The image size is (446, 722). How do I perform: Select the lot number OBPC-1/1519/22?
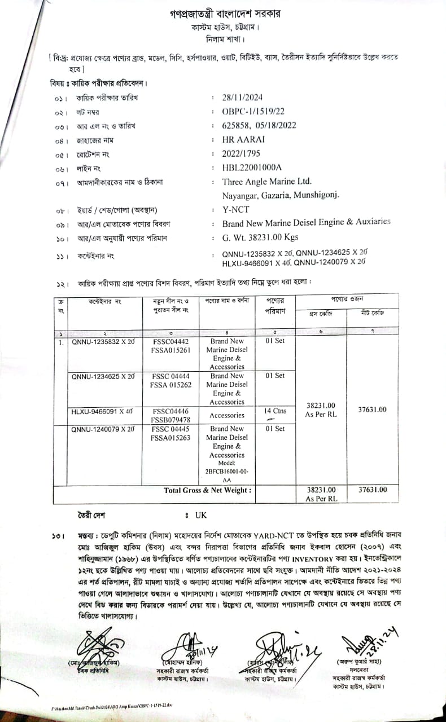click(253, 111)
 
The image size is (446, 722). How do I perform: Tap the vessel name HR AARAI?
click(243, 139)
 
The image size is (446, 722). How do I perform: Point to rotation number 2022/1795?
click(242, 153)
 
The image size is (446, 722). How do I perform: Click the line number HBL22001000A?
click(251, 168)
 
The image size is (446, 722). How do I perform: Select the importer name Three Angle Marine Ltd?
click(267, 182)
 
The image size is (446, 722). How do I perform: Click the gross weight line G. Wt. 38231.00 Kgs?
click(260, 237)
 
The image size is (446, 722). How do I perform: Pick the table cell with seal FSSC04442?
click(170, 341)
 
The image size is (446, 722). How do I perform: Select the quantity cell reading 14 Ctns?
click(276, 411)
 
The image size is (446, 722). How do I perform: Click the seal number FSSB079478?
click(170, 420)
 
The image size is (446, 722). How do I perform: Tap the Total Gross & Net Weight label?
click(207, 490)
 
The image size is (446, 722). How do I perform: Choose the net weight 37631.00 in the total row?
click(373, 490)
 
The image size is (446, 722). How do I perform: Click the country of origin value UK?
click(201, 515)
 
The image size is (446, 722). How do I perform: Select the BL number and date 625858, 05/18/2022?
click(259, 125)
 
